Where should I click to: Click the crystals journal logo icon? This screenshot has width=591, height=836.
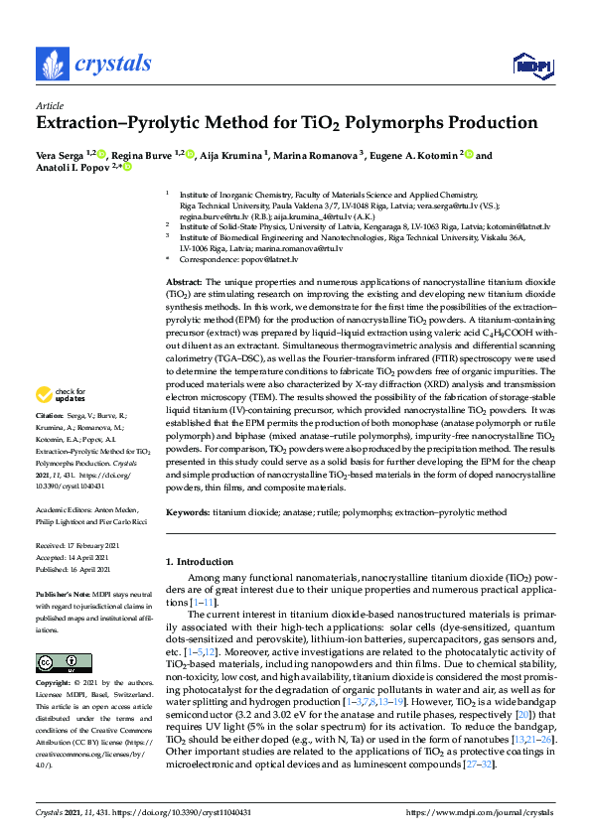(52, 64)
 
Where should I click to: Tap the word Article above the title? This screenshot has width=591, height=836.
(49, 105)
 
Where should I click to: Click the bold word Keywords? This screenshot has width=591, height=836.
(188, 512)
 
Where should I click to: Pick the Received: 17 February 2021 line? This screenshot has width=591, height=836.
(78, 546)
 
